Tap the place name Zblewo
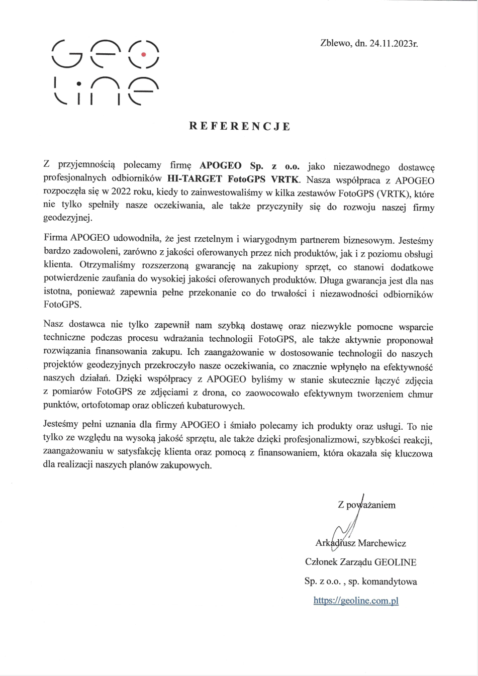[335, 43]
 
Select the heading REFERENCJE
[240, 126]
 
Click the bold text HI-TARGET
[195, 178]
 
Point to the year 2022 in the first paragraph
[121, 192]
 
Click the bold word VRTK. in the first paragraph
[285, 178]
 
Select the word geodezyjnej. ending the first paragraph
[68, 218]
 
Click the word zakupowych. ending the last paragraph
[189, 465]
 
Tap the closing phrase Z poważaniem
[367, 505]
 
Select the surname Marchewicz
[382, 543]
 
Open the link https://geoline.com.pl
[356, 601]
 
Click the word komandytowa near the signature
[390, 582]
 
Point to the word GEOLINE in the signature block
[396, 562]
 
